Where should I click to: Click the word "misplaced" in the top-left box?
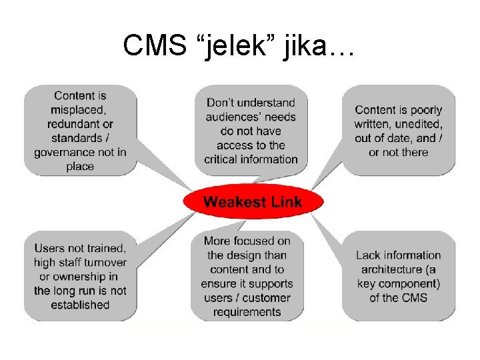79,110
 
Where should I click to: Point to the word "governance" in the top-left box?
65,153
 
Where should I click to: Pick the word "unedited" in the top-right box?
417,124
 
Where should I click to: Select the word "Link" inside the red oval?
285,202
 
